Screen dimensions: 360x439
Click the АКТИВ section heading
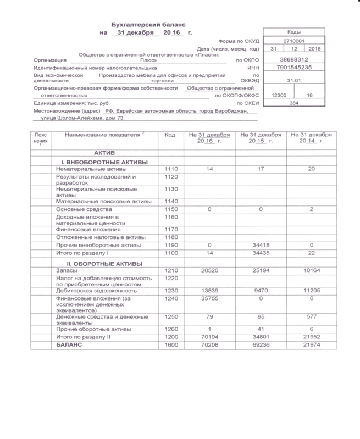coord(104,152)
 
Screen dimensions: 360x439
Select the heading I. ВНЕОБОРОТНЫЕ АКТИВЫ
coord(104,162)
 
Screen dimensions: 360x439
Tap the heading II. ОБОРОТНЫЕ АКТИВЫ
coord(104,264)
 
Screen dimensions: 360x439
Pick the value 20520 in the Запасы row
coord(209,271)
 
